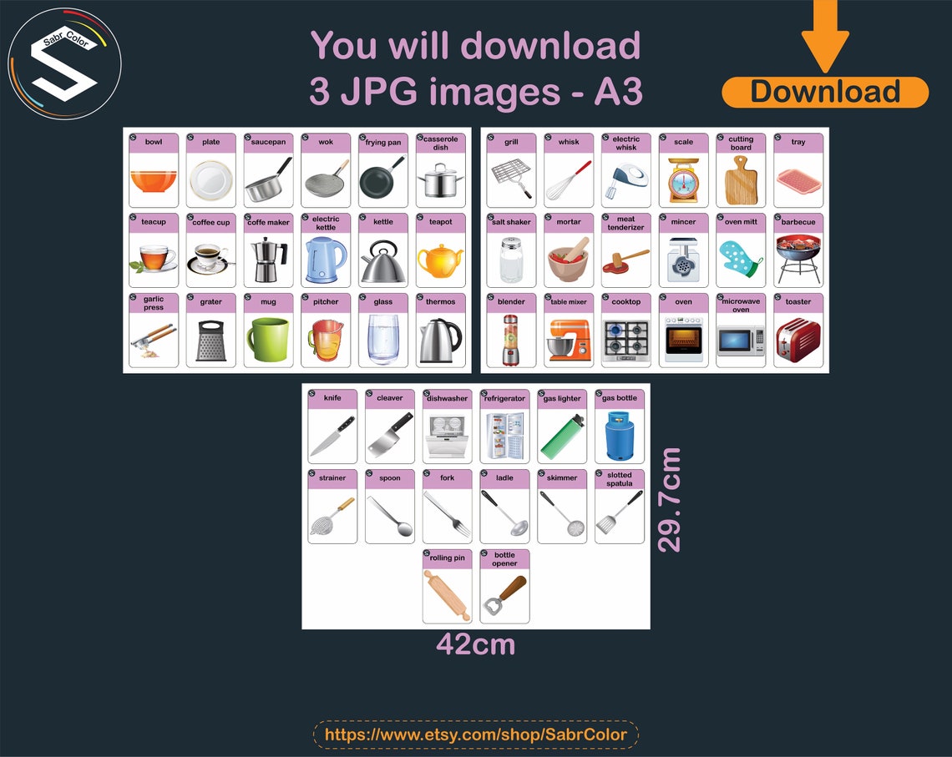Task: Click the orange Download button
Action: (x=824, y=92)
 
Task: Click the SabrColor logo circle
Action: (x=64, y=66)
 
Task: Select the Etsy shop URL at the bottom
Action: (x=475, y=735)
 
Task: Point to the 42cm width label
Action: (x=475, y=644)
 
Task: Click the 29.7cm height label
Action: (x=670, y=499)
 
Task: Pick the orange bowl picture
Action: (x=154, y=180)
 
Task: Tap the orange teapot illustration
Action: (x=440, y=260)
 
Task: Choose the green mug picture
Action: (x=268, y=340)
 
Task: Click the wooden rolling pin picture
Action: (x=447, y=594)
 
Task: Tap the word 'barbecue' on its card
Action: (x=798, y=222)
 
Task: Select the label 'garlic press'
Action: (x=154, y=303)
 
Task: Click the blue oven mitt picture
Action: (x=741, y=260)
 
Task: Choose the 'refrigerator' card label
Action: (x=504, y=399)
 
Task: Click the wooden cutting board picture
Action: (x=740, y=180)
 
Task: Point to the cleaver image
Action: (x=389, y=436)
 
